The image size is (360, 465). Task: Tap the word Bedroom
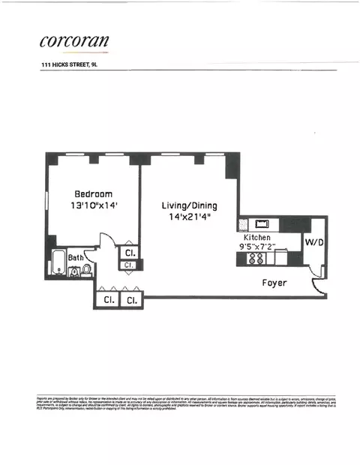tap(93, 193)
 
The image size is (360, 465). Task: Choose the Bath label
tap(76, 257)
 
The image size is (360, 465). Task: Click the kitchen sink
tap(262, 223)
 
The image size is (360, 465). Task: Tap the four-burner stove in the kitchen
tap(255, 259)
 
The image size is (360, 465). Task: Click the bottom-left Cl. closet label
tap(107, 300)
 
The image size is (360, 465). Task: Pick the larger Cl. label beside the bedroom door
tap(129, 253)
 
